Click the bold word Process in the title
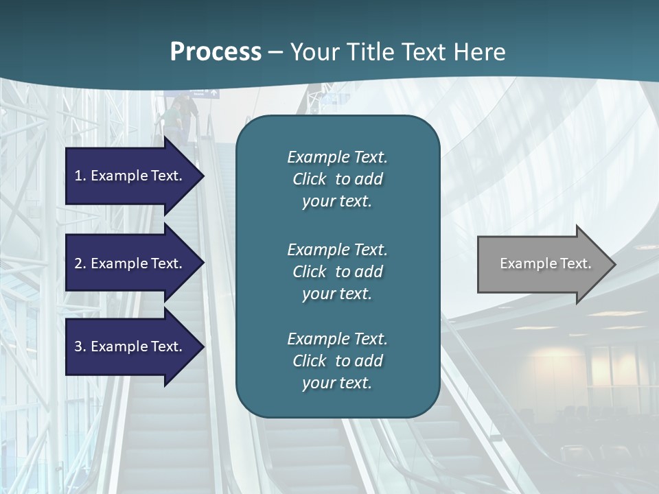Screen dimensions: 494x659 (x=216, y=52)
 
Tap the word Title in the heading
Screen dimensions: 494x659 (x=368, y=52)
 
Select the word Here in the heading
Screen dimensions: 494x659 (x=480, y=52)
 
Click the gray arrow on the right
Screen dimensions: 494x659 (x=542, y=263)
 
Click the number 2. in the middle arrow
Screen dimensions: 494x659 (x=80, y=263)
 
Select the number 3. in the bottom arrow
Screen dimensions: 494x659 (x=80, y=346)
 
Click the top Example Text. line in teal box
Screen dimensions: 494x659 (x=337, y=157)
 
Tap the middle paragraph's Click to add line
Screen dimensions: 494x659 (x=337, y=272)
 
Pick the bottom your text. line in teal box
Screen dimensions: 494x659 (x=337, y=383)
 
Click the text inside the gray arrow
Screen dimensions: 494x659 (x=546, y=263)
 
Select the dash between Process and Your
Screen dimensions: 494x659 (x=276, y=52)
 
